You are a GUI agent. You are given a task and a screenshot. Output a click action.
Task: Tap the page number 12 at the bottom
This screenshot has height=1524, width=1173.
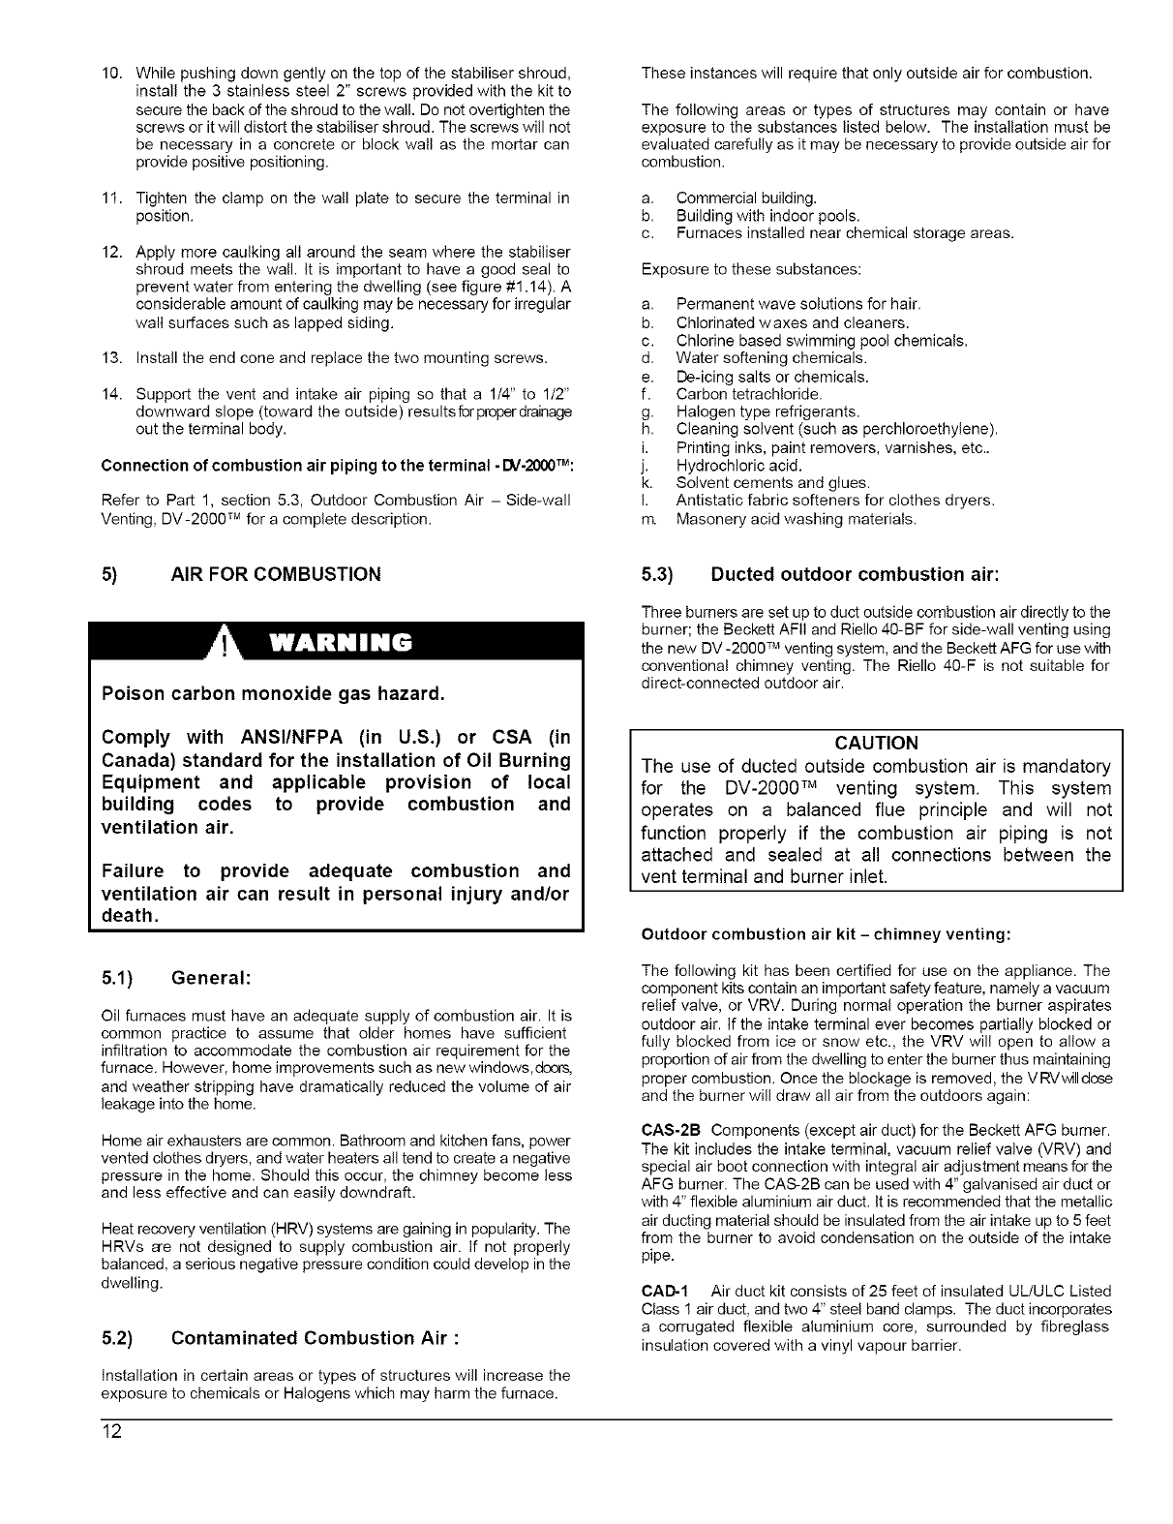click(x=110, y=1433)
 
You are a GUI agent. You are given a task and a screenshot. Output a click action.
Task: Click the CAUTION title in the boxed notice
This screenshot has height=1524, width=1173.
click(x=876, y=743)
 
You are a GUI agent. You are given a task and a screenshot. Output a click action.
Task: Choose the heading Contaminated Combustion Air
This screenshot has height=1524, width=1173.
click(x=314, y=1338)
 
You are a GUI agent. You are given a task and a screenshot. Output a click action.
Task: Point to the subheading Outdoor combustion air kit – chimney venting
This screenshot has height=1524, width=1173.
click(x=827, y=934)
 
